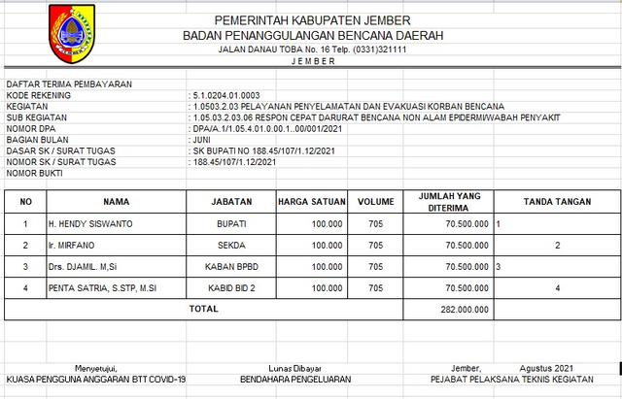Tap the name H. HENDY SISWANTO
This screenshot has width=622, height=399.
(91, 224)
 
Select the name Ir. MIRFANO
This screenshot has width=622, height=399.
(71, 246)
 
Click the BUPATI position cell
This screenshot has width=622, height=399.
(233, 224)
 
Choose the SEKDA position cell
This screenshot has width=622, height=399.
(233, 246)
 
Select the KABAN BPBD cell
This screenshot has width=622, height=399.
(233, 266)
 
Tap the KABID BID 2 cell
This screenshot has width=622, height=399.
(233, 287)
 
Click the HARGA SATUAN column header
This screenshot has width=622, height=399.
(312, 202)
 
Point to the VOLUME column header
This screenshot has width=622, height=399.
(374, 202)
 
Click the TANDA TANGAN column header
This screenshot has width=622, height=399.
(557, 202)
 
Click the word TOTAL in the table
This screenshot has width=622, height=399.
(203, 309)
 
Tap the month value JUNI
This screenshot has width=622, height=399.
(203, 140)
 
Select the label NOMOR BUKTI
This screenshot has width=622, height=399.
(36, 173)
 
